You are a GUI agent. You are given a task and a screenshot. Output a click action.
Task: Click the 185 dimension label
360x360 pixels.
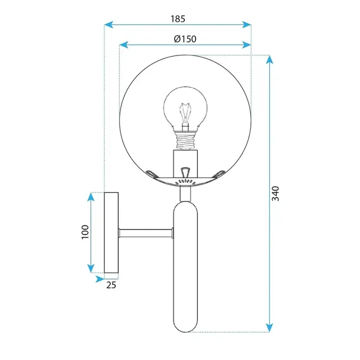pos(178,18)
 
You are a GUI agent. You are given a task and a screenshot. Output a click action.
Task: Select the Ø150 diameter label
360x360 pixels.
pos(185,38)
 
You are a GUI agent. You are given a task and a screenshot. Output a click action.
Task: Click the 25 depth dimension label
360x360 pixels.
pos(110,285)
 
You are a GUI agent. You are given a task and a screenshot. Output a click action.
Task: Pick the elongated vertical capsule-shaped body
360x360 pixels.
pos(186,266)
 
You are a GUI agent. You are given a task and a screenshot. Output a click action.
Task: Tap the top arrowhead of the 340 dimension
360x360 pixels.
pos(269,59)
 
